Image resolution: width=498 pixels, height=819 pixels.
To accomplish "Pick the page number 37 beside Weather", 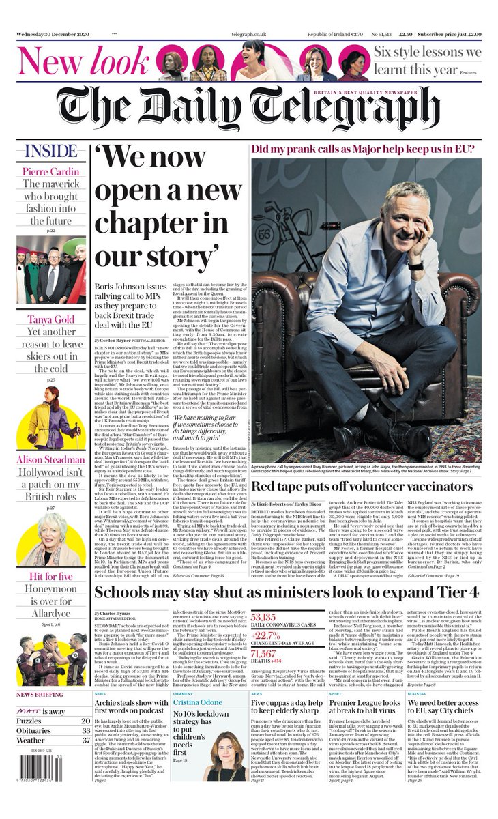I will (85, 741).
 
